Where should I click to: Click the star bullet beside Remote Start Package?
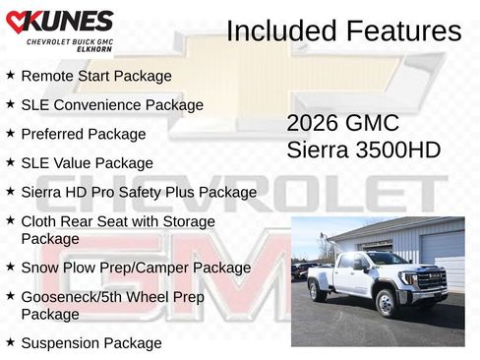point(10,75)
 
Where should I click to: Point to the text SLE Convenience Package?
point(112,104)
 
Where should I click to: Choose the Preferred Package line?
point(83,134)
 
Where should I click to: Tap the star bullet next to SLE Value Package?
point(10,162)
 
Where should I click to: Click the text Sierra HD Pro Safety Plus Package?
point(139,192)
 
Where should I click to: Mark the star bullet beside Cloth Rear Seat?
point(10,221)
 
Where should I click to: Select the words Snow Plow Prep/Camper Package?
point(136,267)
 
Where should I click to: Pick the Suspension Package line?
point(90,343)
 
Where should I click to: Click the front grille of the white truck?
point(429,280)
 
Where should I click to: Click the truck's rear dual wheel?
point(318,290)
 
